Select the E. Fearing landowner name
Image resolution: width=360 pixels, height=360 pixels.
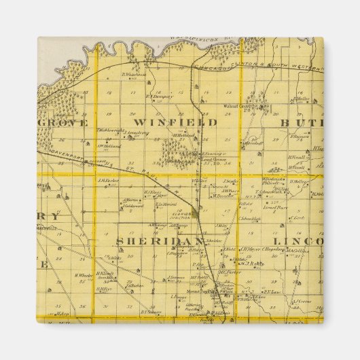213,154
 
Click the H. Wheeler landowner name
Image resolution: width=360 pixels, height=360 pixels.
82,275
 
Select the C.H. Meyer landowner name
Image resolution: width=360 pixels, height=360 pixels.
251,249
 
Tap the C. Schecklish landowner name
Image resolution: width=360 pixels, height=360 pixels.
251,219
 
